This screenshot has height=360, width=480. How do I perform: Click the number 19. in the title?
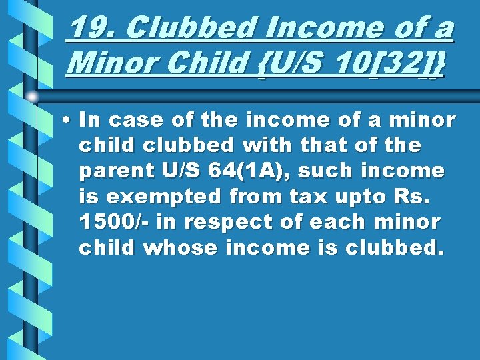pos(93,29)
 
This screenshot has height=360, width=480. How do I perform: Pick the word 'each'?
pos(343,222)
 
